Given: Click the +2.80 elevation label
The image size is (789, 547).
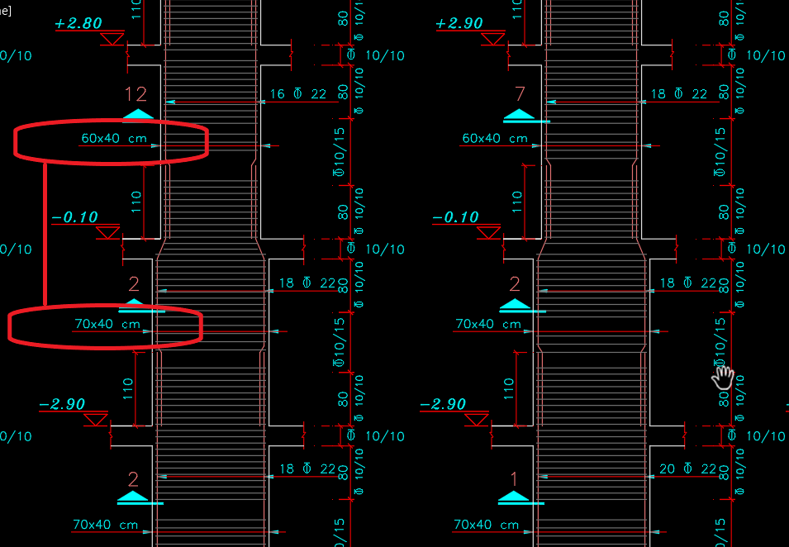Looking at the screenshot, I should (78, 24).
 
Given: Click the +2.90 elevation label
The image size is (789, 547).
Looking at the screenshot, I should (459, 24).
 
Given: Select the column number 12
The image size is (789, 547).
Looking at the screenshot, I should (135, 94).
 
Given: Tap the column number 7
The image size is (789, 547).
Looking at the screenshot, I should (520, 94).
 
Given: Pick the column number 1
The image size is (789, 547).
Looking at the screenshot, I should (515, 478).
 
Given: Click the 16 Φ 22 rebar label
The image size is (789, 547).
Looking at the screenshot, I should (298, 94).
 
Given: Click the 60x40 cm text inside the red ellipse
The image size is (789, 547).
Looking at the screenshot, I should (114, 138).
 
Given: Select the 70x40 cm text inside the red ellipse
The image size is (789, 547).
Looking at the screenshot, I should (107, 325).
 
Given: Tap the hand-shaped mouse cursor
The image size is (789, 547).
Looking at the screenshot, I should (723, 377).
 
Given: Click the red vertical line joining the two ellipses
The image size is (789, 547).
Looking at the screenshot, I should (45, 235).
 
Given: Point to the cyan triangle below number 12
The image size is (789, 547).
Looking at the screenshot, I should (138, 115).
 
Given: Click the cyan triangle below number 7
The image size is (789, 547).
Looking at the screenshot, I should (519, 115).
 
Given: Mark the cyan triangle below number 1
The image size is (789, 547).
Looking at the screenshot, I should (514, 497).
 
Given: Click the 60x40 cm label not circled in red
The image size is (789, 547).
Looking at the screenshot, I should (495, 138).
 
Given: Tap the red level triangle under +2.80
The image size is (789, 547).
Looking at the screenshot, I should (112, 39).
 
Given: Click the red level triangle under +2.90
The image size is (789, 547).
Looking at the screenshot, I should (493, 39).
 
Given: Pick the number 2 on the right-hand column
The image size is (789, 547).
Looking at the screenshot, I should (515, 285).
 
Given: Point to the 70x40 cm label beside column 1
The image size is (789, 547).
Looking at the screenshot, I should (487, 525).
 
